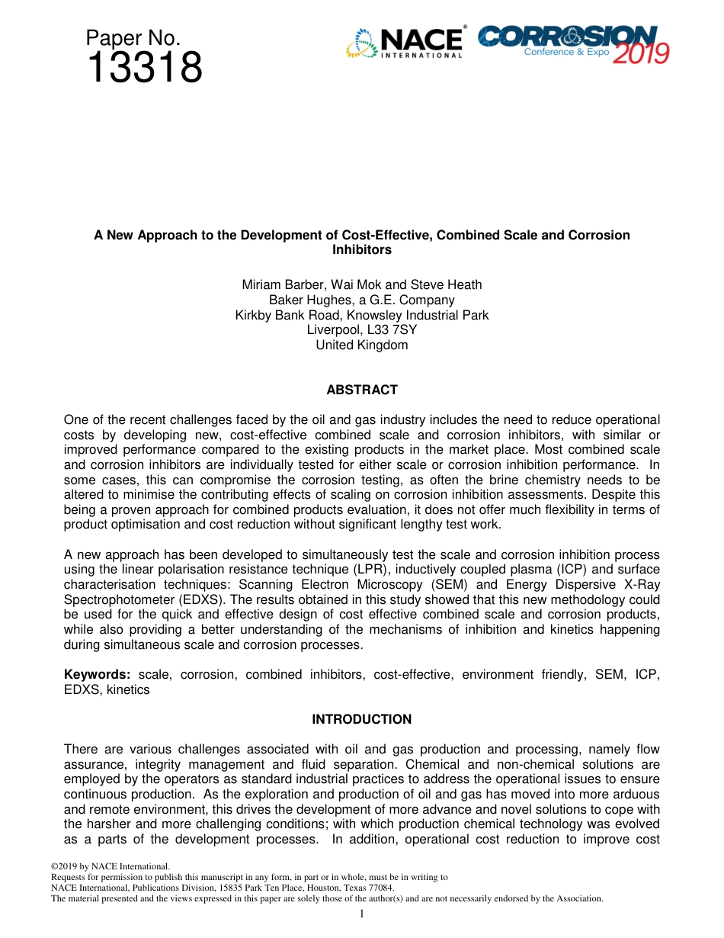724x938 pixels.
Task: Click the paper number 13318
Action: click(145, 69)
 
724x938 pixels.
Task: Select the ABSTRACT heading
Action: click(362, 390)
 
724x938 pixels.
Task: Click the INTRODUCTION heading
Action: click(362, 719)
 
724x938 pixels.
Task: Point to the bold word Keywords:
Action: click(98, 674)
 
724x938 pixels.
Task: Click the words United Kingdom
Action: click(362, 345)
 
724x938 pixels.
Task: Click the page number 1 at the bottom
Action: click(362, 914)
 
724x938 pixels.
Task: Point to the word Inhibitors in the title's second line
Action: click(362, 249)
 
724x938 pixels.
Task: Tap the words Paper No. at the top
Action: click(133, 38)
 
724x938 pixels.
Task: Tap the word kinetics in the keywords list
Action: click(128, 689)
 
